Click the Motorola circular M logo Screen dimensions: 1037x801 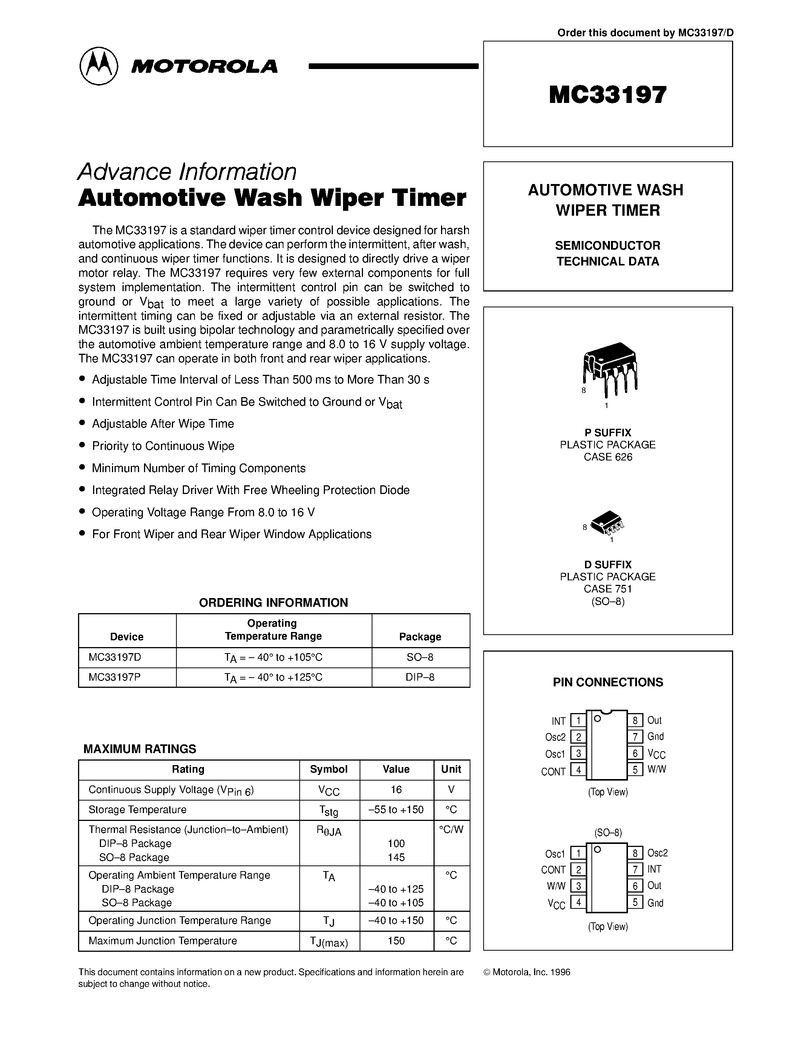pos(98,66)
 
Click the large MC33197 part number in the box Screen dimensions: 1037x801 pos(607,95)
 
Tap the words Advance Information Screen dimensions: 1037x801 pos(187,172)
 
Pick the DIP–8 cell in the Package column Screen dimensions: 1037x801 pos(420,677)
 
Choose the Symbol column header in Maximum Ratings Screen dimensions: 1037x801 pos(328,769)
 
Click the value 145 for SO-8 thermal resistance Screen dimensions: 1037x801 pos(396,858)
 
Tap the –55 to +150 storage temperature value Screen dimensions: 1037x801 pos(396,810)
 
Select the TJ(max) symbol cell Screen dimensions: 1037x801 pos(329,941)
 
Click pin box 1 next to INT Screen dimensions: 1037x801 pos(578,721)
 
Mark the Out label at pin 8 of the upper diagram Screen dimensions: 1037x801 pos(654,720)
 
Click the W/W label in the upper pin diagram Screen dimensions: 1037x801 pos(657,769)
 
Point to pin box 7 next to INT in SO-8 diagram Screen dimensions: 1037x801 pos(635,870)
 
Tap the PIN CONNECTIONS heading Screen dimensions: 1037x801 pos(608,682)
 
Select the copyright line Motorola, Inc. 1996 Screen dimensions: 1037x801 pos(527,972)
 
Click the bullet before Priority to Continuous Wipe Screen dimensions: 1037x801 pos(83,445)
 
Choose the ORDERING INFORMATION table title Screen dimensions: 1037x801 pos(273,603)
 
